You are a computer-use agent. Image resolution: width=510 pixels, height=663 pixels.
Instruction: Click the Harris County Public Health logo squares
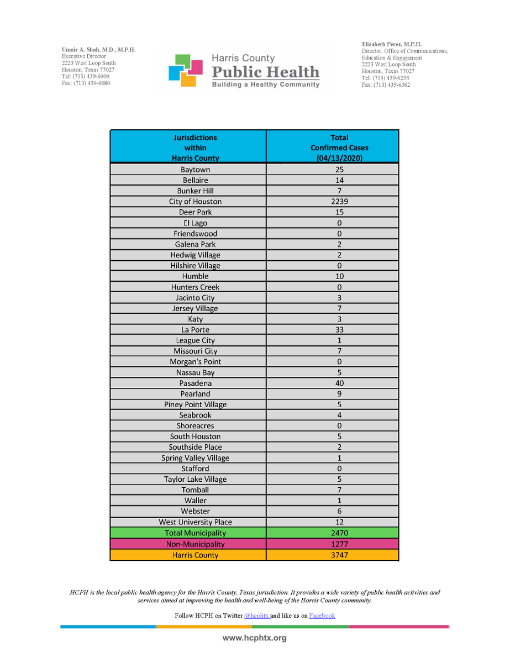pyautogui.click(x=187, y=70)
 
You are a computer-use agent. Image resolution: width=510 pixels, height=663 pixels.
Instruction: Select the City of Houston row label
pyautogui.click(x=195, y=202)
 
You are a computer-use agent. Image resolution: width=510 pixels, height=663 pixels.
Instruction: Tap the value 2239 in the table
pyautogui.click(x=339, y=202)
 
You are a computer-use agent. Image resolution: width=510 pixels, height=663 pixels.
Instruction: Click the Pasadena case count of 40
pyautogui.click(x=339, y=383)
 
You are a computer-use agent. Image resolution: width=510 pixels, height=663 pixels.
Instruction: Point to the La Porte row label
pyautogui.click(x=195, y=330)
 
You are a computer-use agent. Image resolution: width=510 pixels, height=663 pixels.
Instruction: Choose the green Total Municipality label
pyautogui.click(x=195, y=533)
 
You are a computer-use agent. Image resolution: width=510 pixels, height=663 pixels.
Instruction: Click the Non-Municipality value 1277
pyautogui.click(x=339, y=544)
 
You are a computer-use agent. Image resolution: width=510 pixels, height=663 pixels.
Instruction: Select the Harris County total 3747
pyautogui.click(x=339, y=555)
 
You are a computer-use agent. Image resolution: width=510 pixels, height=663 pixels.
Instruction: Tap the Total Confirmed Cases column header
pyautogui.click(x=339, y=148)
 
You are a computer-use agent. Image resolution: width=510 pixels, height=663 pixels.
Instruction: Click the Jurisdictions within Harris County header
pyautogui.click(x=195, y=148)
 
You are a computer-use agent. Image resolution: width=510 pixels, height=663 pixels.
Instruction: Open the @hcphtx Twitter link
pyautogui.click(x=256, y=615)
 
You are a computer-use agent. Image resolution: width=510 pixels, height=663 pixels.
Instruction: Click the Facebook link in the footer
pyautogui.click(x=322, y=615)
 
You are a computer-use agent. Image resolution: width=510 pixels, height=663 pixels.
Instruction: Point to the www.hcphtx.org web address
pyautogui.click(x=255, y=638)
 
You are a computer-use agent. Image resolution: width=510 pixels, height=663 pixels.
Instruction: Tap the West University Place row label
pyautogui.click(x=195, y=522)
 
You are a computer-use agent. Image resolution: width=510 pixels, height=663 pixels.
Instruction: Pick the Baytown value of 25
pyautogui.click(x=339, y=170)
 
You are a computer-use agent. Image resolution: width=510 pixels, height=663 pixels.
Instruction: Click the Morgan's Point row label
pyautogui.click(x=195, y=362)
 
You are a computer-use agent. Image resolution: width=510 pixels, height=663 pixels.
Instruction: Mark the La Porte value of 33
pyautogui.click(x=339, y=330)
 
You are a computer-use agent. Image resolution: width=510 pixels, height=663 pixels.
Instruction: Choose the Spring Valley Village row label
pyautogui.click(x=195, y=458)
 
